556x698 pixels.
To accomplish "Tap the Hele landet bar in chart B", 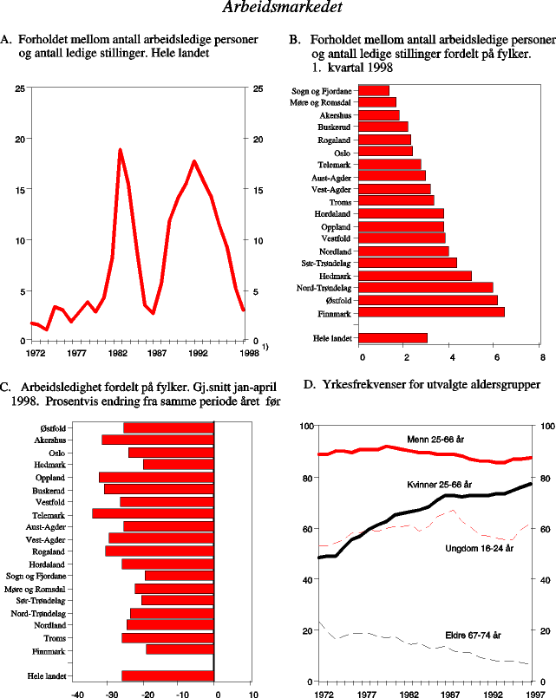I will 393,337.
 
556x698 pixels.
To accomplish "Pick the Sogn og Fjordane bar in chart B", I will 373,90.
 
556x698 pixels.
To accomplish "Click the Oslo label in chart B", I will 340,152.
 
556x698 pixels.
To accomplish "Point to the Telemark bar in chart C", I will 153,513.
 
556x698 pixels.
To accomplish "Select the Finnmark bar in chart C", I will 180,649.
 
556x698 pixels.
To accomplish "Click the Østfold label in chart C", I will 56,428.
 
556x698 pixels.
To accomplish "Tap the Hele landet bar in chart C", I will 167,675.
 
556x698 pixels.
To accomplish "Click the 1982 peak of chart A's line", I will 120,150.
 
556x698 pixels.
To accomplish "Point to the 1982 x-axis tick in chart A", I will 119,354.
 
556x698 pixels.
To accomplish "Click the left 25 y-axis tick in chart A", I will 19,88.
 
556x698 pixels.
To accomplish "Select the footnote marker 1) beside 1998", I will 265,347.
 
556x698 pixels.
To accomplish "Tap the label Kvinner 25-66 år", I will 439,484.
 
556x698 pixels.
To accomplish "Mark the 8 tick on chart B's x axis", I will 541,355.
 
